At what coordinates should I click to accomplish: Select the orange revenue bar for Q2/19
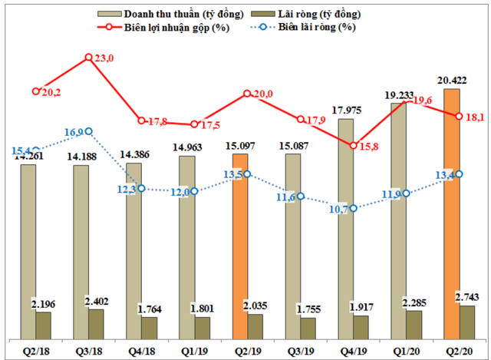240,246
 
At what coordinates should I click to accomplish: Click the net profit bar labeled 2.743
467,322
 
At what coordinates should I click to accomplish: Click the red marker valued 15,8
353,145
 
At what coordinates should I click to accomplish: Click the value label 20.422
453,79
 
